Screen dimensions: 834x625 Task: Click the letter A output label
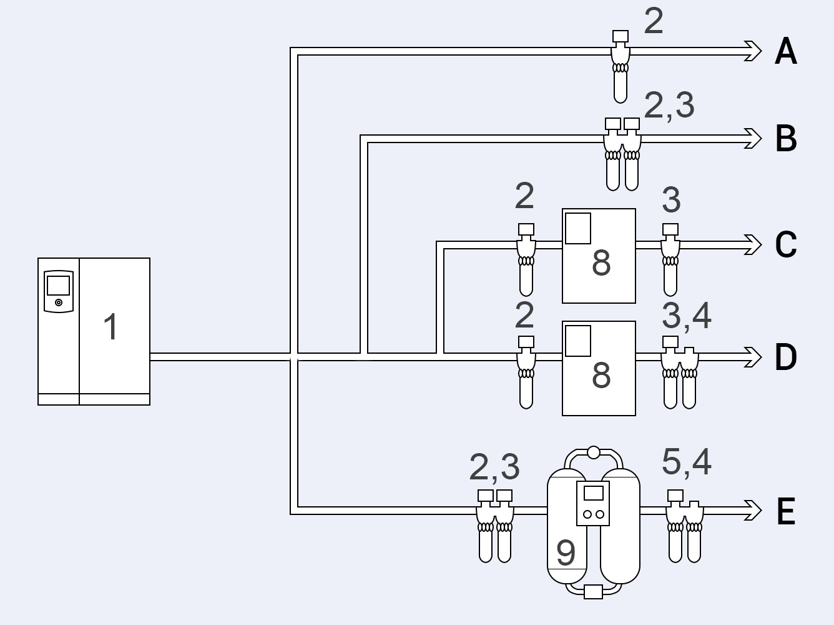tap(785, 51)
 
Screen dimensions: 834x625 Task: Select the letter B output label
tap(786, 139)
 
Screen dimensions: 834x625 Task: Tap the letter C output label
tap(786, 244)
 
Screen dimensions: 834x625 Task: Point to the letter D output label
tap(786, 357)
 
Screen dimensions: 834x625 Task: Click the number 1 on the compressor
tap(111, 327)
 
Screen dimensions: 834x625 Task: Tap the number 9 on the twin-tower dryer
tap(566, 553)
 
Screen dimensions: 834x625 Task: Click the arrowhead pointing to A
tap(753, 51)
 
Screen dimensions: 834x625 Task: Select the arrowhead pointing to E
tap(753, 511)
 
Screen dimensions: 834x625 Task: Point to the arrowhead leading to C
tap(753, 244)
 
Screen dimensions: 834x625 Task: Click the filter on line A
tap(621, 67)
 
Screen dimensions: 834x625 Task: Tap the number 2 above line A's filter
tap(654, 21)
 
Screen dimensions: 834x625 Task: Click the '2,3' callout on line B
tap(669, 106)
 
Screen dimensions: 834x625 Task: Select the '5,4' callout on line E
tap(687, 462)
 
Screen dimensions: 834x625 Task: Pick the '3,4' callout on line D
tap(687, 316)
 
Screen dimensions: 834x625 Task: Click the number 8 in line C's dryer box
tap(601, 263)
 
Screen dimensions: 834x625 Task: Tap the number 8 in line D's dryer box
tap(601, 375)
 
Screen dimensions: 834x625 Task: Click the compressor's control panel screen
tap(58, 286)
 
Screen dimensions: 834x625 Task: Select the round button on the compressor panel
tap(59, 302)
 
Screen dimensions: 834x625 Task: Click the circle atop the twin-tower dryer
tap(594, 452)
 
